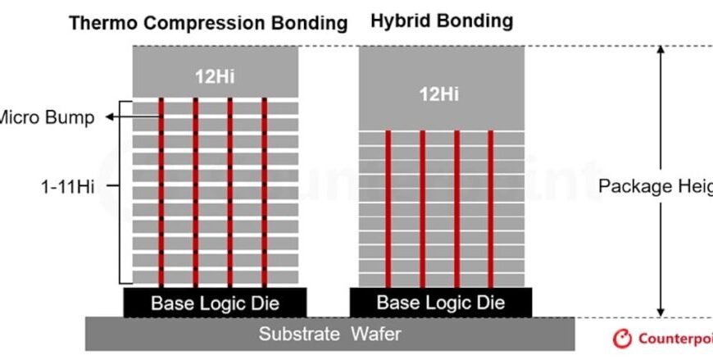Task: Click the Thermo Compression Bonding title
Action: click(x=208, y=22)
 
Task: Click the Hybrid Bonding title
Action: click(x=442, y=21)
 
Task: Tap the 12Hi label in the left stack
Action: click(x=216, y=78)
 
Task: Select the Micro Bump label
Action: click(x=45, y=117)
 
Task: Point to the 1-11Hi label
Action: click(x=68, y=187)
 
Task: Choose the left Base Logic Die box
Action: click(x=214, y=303)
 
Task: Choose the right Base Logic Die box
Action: click(x=441, y=303)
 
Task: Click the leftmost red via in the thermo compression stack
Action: click(x=161, y=192)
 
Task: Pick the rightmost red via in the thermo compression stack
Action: click(x=265, y=192)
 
